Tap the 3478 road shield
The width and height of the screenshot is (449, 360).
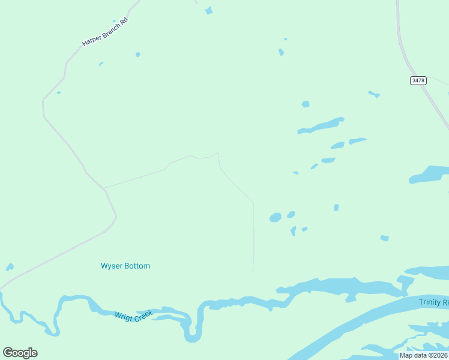[x=418, y=80]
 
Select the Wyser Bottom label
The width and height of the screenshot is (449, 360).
[x=125, y=266]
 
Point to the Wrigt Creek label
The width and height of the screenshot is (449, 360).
[x=134, y=315]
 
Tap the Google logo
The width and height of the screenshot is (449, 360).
[x=20, y=353]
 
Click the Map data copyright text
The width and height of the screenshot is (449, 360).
[x=424, y=355]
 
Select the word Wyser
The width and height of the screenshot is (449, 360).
[x=112, y=266]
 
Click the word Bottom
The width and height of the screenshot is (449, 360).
[x=137, y=266]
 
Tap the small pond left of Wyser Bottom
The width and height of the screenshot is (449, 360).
[x=10, y=267]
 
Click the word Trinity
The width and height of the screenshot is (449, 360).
[x=430, y=302]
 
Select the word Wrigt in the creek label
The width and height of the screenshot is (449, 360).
[x=124, y=316]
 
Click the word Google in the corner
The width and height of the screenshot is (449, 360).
[x=20, y=353]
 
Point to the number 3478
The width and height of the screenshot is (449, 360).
[x=418, y=80]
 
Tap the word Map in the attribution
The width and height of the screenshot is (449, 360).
[x=406, y=355]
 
